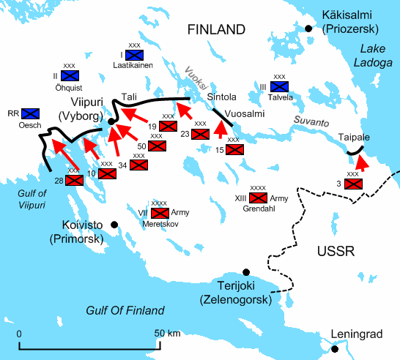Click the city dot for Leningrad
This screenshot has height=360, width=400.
tap(334, 349)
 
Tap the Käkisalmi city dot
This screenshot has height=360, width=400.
tap(308, 29)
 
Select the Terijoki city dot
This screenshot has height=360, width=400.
tap(248, 271)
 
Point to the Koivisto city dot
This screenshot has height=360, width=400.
tap(114, 224)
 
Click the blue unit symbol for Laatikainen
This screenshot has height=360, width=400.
tap(133, 55)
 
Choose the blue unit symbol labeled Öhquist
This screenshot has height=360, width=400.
tap(70, 75)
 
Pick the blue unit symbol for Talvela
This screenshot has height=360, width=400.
tap(279, 87)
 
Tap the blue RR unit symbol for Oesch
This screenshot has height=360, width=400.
tap(30, 113)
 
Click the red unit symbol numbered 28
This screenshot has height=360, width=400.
tap(74, 180)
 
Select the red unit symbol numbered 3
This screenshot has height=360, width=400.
tap(352, 184)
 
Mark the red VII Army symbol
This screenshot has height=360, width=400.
tap(159, 214)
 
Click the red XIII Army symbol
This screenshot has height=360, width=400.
tap(258, 198)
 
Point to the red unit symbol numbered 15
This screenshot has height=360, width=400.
tap(234, 150)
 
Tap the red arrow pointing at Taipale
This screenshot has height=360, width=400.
tap(361, 164)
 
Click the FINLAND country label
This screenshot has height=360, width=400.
tap(215, 30)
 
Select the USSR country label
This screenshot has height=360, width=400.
tap(336, 252)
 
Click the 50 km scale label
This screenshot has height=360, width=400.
tap(168, 334)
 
